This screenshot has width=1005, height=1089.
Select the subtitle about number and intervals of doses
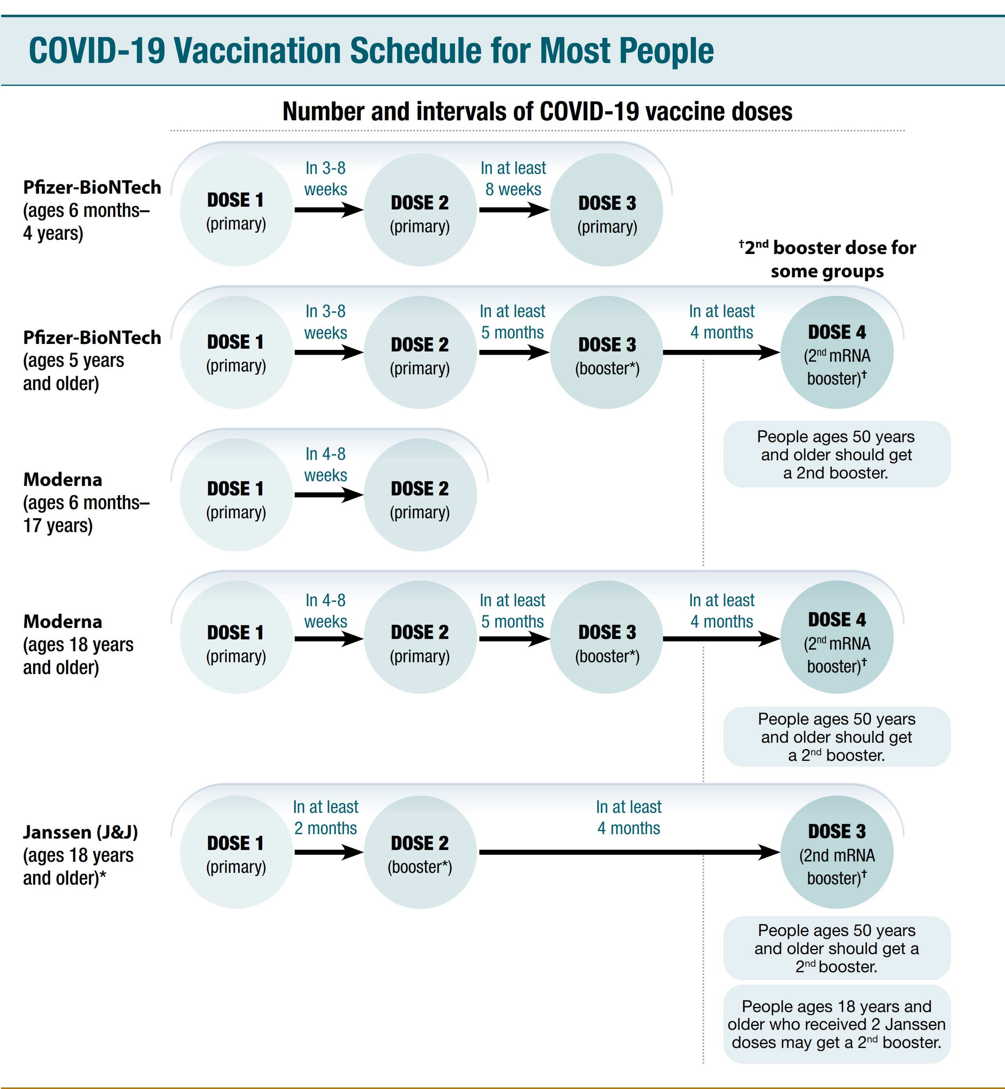[x=537, y=112]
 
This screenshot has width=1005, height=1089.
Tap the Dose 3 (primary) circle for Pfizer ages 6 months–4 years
[x=606, y=210]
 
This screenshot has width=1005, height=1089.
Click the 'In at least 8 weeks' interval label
[x=513, y=178]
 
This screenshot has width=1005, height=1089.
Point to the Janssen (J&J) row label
[x=80, y=855]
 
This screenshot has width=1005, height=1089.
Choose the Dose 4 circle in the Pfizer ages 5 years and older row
[x=837, y=353]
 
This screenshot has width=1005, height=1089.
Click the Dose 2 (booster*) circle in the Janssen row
[x=420, y=852]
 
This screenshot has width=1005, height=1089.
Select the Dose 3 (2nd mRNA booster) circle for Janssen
[x=837, y=852]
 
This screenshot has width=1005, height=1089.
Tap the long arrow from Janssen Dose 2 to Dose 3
[x=629, y=852]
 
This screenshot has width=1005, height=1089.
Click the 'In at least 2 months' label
[x=326, y=817]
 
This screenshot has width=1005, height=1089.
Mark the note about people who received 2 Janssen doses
[x=837, y=1024]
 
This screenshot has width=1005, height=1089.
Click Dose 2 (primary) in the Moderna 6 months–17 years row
[x=420, y=495]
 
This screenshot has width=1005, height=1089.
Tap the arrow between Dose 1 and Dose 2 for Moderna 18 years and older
[x=329, y=639]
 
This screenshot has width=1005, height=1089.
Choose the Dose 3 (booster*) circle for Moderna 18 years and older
[x=606, y=637]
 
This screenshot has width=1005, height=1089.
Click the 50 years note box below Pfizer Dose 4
[x=837, y=454]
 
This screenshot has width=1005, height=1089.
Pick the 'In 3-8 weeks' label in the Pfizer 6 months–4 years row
[x=326, y=178]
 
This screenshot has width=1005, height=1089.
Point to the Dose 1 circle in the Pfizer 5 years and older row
[x=237, y=353]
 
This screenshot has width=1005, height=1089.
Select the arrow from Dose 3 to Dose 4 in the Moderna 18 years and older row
[x=722, y=639]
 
